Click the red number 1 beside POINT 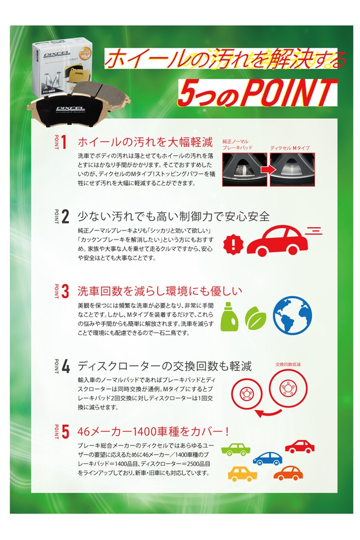click(64, 142)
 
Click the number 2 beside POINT click(65, 217)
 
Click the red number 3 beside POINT click(65, 292)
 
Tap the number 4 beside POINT click(65, 367)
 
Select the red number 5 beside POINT click(65, 432)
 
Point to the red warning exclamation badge click(233, 244)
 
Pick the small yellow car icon click(242, 475)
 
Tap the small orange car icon click(288, 473)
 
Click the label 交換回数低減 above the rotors click(288, 364)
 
